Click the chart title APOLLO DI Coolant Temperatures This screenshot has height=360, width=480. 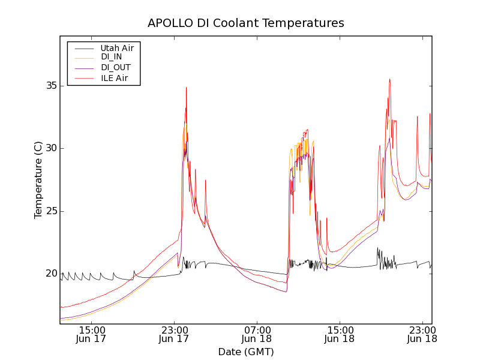[x=246, y=23]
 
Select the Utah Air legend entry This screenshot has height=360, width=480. [x=117, y=47]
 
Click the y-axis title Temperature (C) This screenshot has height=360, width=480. [x=38, y=180]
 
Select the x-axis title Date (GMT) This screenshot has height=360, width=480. [x=246, y=352]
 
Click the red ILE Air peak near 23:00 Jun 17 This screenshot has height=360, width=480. [x=186, y=88]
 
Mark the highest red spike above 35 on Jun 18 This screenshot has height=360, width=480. [x=389, y=79]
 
